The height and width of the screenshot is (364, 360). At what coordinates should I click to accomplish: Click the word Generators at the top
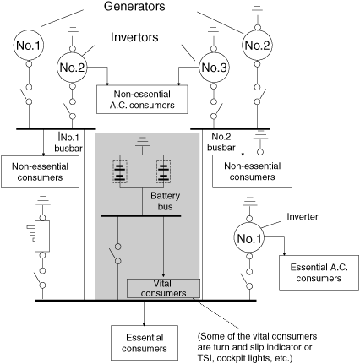coord(134,6)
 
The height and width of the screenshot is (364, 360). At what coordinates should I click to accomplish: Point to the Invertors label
coord(134,37)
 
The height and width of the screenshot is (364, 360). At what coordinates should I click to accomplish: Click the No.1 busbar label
coord(68,143)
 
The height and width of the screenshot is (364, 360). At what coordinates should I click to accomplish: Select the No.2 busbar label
coord(221,142)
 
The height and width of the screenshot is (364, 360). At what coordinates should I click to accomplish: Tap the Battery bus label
coord(165,201)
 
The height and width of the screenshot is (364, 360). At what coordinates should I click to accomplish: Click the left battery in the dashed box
coord(120,171)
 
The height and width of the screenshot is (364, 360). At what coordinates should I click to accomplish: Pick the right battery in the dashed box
coord(163,171)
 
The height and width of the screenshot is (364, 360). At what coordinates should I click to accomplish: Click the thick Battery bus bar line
coord(141,216)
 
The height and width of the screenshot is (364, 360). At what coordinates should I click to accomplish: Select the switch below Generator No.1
coord(25,95)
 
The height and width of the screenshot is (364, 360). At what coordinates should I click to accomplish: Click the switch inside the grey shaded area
coord(116,254)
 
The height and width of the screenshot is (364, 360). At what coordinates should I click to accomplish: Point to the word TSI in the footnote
coord(205,358)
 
